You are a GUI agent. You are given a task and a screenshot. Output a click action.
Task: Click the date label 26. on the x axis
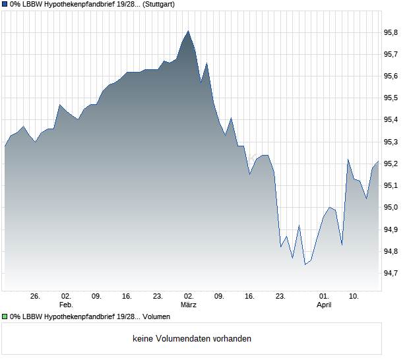pos(35,297)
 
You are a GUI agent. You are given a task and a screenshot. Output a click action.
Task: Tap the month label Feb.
pos(66,305)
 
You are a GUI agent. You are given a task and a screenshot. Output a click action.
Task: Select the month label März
pos(189,305)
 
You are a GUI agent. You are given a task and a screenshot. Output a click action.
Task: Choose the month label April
pos(324,305)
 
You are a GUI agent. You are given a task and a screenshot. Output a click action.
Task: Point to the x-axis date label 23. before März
pos(158,297)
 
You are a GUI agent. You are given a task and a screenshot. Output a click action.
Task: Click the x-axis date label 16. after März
pos(250,297)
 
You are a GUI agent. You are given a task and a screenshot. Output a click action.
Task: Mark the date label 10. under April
pos(354,297)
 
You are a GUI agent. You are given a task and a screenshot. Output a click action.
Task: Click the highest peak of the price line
pos(188,31)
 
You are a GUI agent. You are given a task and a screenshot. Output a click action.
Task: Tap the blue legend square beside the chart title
pos(5,4)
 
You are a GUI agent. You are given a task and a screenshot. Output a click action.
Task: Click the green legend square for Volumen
pos(5,317)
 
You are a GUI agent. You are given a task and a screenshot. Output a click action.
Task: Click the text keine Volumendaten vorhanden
pos(191,339)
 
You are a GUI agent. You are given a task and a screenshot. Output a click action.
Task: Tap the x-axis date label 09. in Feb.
pos(96,297)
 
